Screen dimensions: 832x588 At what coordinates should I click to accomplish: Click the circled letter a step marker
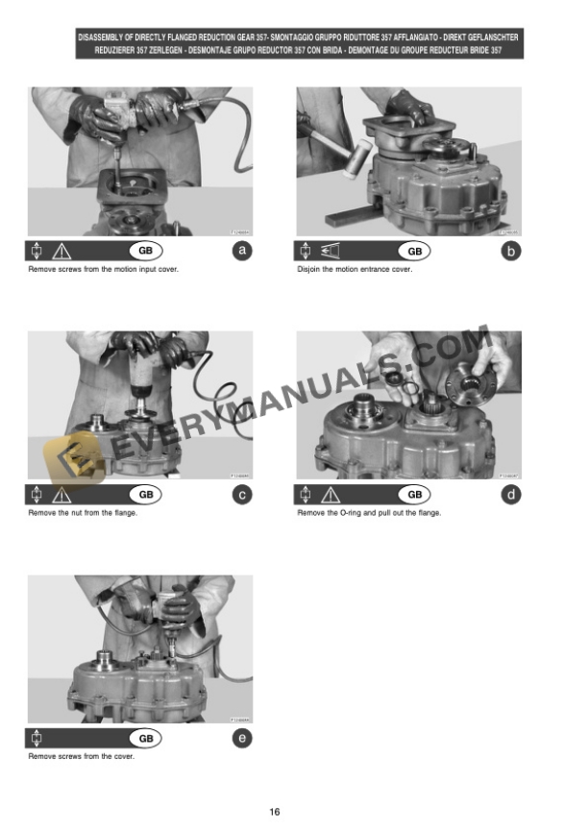pyautogui.click(x=242, y=252)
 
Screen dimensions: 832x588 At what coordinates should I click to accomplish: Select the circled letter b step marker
pyautogui.click(x=511, y=252)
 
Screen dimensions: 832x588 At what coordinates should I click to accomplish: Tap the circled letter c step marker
pyautogui.click(x=242, y=495)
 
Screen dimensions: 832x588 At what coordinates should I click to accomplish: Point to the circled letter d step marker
pyautogui.click(x=511, y=495)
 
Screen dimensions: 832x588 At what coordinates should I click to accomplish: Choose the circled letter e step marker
pyautogui.click(x=242, y=739)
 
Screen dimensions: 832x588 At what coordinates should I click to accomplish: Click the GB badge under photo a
pyautogui.click(x=146, y=252)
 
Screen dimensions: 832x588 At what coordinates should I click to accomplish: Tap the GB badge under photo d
pyautogui.click(x=415, y=495)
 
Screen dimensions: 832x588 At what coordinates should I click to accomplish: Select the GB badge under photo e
pyautogui.click(x=146, y=739)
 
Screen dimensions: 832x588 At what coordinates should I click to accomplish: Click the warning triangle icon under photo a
pyautogui.click(x=62, y=252)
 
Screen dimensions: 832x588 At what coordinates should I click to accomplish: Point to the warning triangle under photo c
pyautogui.click(x=62, y=495)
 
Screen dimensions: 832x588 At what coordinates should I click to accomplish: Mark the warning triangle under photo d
pyautogui.click(x=331, y=495)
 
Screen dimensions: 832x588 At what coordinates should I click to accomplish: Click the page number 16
pyautogui.click(x=275, y=812)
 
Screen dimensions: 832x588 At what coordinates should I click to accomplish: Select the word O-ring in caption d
pyautogui.click(x=361, y=513)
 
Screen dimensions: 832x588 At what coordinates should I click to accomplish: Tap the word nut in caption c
pyautogui.click(x=76, y=513)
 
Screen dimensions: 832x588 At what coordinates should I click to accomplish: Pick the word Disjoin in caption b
pyautogui.click(x=309, y=269)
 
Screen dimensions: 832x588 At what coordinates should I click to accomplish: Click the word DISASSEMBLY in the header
pyautogui.click(x=104, y=37)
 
